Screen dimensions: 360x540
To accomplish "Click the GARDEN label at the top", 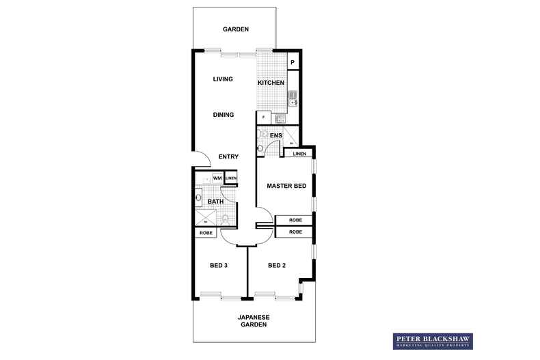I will click(x=235, y=29).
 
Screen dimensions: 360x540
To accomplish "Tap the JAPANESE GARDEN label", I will click(x=254, y=321).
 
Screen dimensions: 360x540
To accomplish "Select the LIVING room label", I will click(x=223, y=79).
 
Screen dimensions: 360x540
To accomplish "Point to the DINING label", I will click(x=223, y=115).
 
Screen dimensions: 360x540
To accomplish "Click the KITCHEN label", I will click(x=271, y=83).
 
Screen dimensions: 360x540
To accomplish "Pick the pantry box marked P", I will click(x=293, y=63).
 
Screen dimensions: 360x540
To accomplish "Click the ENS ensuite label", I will click(x=275, y=136).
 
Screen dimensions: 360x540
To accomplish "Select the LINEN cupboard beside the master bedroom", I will click(x=299, y=154).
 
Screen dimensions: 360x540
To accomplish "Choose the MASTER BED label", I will click(x=286, y=186).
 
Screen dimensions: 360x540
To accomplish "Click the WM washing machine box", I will click(x=217, y=178).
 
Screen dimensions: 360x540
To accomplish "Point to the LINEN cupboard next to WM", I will click(x=231, y=178).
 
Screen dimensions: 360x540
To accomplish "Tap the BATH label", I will click(x=215, y=202).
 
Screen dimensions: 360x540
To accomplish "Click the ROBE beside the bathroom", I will click(x=206, y=233).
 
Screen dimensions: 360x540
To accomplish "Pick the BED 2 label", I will click(x=276, y=265).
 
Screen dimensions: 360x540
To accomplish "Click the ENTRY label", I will click(x=228, y=157).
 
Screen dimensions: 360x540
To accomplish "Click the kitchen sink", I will click(x=292, y=99).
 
